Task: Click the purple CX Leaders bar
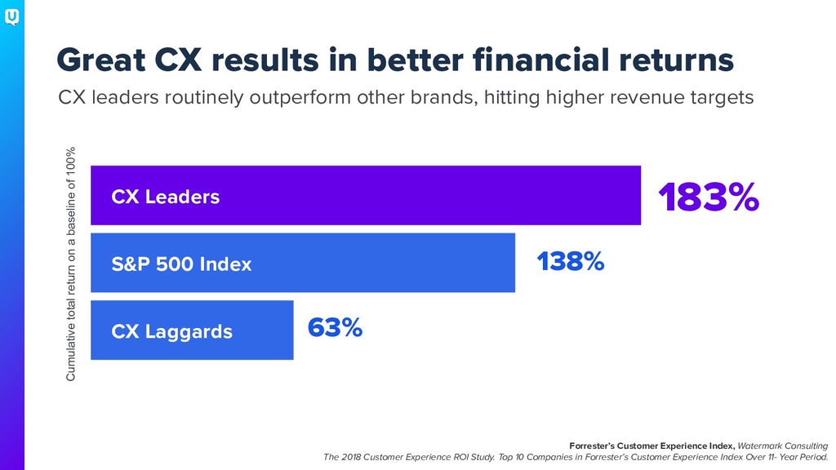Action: [x=366, y=195]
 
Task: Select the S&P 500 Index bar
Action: [x=303, y=263]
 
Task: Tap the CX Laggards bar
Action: [x=192, y=330]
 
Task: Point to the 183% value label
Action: [x=709, y=197]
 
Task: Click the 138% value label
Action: [x=571, y=261]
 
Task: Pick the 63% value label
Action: [x=335, y=327]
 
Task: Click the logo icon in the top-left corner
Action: [x=11, y=18]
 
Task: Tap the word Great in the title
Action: [x=100, y=60]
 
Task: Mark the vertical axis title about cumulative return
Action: [x=70, y=264]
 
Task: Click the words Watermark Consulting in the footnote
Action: [x=783, y=446]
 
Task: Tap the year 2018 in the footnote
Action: [x=351, y=457]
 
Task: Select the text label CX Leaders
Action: [x=165, y=197]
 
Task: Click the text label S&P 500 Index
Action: [x=181, y=264]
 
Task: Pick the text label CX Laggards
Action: [x=171, y=332]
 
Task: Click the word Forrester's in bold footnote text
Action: [x=592, y=446]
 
